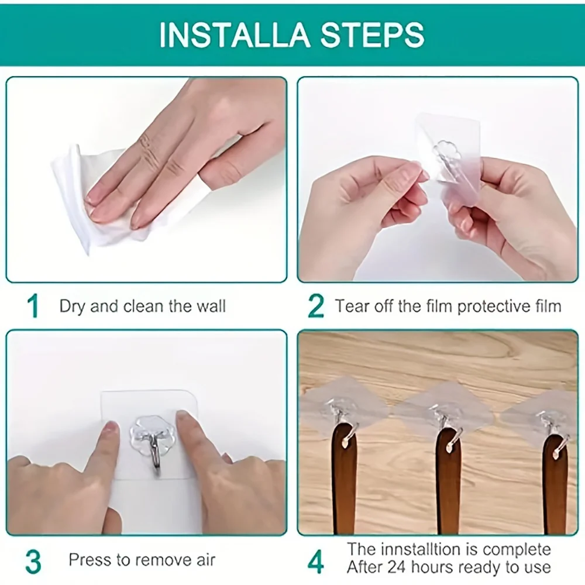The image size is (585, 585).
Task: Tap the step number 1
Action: pyautogui.click(x=34, y=307)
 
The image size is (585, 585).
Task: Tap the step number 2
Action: pyautogui.click(x=316, y=307)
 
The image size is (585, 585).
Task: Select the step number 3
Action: pyautogui.click(x=33, y=561)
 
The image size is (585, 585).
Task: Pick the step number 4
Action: pyautogui.click(x=316, y=561)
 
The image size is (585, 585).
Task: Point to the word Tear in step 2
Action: pyautogui.click(x=352, y=306)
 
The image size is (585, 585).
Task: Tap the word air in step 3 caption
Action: pyautogui.click(x=203, y=560)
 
